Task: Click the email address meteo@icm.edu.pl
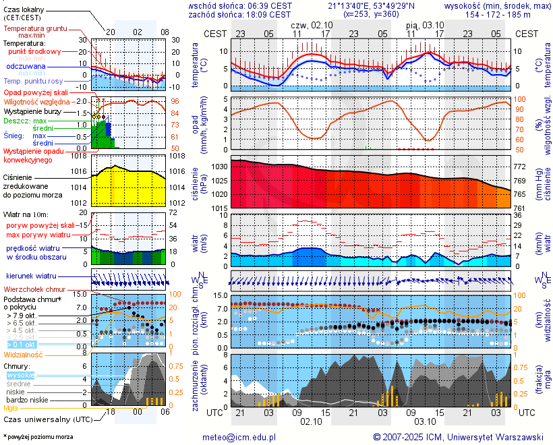tap(239, 437)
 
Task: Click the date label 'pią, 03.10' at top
tap(423, 24)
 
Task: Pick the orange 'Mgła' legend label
tap(11, 408)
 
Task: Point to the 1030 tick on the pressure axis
tap(220, 167)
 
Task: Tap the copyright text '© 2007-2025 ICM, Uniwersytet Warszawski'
tap(459, 437)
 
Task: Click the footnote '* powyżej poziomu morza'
tap(38, 437)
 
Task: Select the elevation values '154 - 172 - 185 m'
tap(499, 14)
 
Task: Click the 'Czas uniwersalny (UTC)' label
tap(45, 419)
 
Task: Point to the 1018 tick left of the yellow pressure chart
tap(80, 156)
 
